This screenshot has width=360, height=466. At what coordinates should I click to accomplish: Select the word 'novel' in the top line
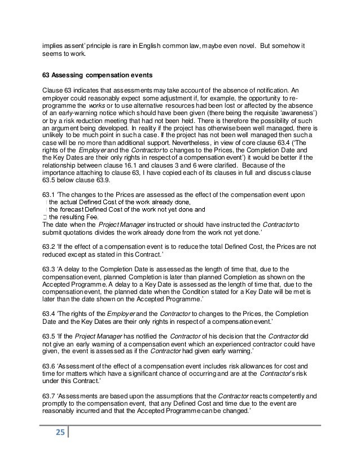tap(243, 45)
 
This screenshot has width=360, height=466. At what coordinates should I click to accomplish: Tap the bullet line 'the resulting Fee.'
tap(73, 216)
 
